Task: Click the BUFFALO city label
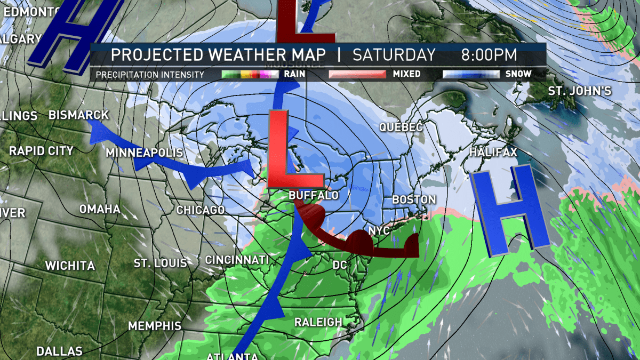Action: point(314,196)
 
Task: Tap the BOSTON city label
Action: point(414,199)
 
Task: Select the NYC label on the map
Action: point(379,231)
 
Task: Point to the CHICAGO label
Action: point(200,210)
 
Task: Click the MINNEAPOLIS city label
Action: point(144,153)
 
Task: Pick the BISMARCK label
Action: point(78,115)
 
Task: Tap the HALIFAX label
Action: point(493,153)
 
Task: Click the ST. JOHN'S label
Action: point(587,91)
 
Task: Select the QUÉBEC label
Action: point(401,127)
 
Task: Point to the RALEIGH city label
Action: point(318,322)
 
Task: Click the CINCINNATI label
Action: point(237,260)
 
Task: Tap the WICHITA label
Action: point(70,266)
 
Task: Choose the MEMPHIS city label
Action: point(155,326)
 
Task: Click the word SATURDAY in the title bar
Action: point(394,55)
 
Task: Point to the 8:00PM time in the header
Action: point(490,55)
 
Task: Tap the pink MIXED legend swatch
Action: point(356,74)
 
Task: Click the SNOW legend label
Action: point(518,74)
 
